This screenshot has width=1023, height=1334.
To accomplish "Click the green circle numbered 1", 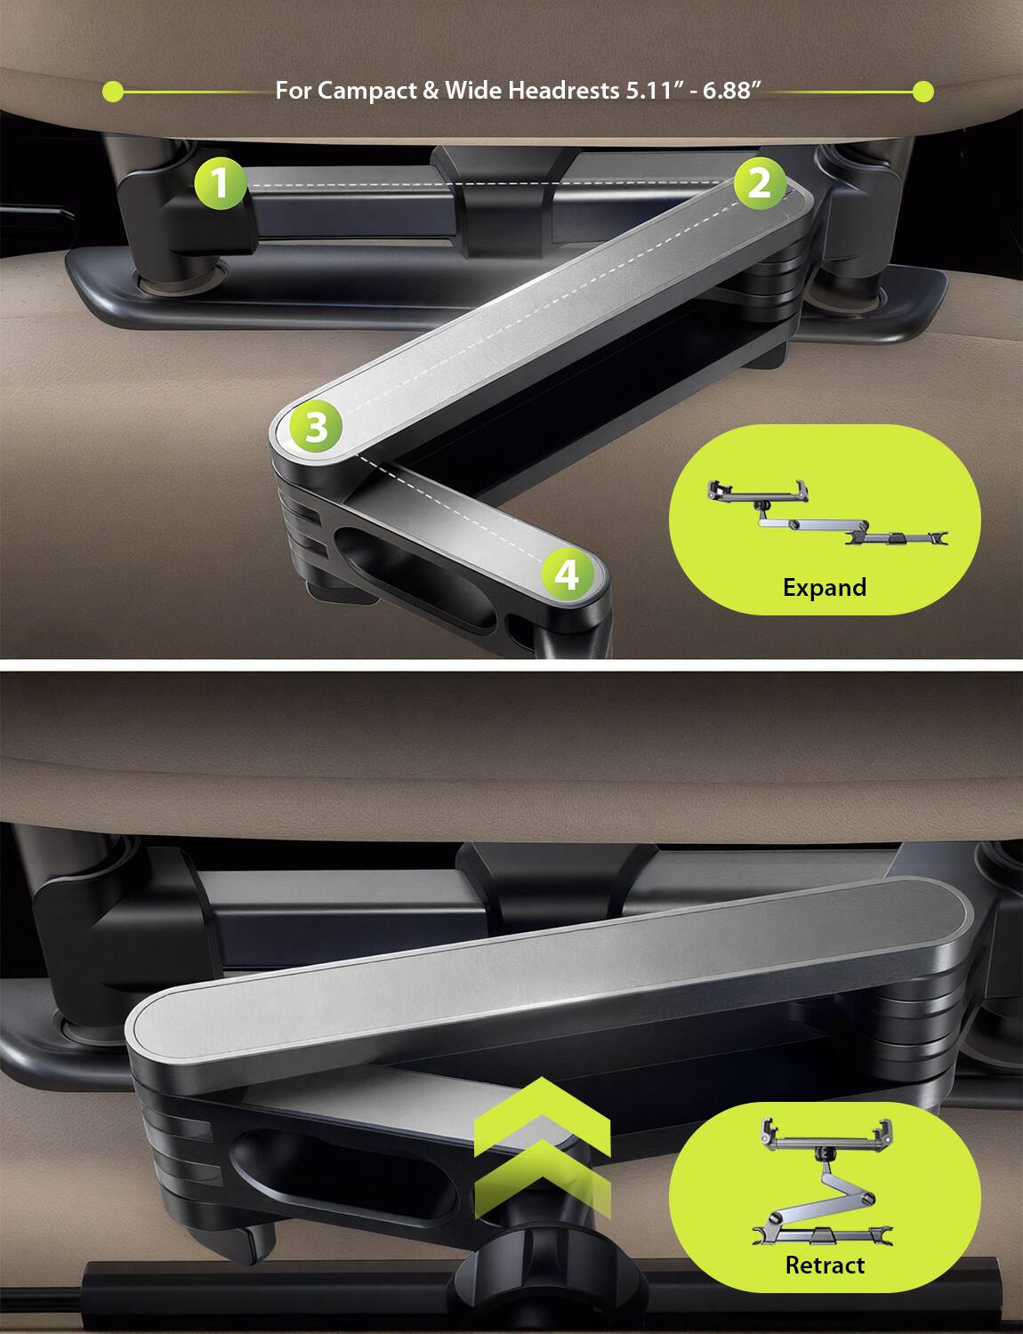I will (220, 184).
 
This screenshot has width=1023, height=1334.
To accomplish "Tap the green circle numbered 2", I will (759, 184).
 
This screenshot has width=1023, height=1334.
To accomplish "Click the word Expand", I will (825, 587).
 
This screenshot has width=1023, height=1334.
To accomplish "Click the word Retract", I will (825, 1265).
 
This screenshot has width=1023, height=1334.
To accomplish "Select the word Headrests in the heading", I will (558, 91).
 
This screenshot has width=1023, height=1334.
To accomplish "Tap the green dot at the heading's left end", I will (112, 91).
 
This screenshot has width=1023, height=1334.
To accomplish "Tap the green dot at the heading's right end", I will (923, 91).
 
